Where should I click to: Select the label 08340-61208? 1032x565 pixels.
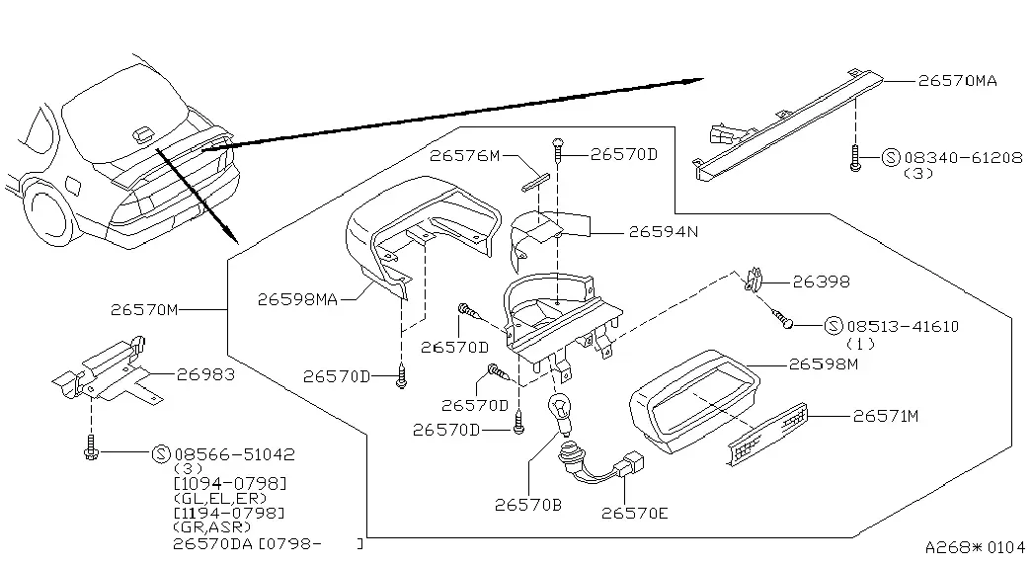(x=964, y=158)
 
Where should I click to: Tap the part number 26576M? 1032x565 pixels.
(x=465, y=155)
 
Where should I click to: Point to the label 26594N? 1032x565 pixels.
(x=664, y=232)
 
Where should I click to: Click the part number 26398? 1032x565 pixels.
(x=821, y=282)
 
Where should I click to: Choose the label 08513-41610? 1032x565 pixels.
(x=903, y=326)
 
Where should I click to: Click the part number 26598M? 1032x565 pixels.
(x=824, y=363)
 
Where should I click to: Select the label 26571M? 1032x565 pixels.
(x=885, y=416)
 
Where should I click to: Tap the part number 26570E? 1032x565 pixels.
(x=634, y=513)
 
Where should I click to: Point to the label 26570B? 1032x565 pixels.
(x=527, y=505)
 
